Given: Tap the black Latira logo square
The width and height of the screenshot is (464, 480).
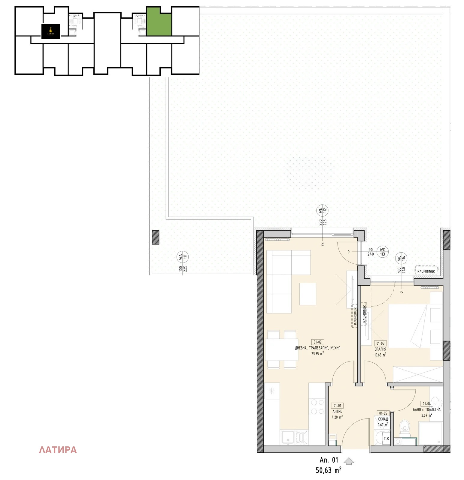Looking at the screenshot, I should [51, 31].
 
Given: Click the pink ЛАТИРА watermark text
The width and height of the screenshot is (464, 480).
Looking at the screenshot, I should [58, 450].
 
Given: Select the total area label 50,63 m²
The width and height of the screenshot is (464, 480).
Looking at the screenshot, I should [328, 470].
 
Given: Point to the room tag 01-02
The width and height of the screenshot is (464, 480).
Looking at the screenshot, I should [317, 342].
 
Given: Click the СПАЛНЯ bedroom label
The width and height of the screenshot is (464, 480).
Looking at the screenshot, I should [380, 349].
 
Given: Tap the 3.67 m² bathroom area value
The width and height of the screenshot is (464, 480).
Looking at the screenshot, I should [426, 415].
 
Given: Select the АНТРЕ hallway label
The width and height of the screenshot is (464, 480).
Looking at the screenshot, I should [337, 412].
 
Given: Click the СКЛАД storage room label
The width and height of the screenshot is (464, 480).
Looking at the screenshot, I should [383, 419].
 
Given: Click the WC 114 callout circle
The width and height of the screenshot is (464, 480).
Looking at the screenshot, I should [402, 258].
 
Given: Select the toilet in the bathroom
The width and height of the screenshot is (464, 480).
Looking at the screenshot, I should [405, 427].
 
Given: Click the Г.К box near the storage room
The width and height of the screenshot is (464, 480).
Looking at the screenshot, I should [386, 439].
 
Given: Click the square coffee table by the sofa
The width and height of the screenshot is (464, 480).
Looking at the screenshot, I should [308, 294].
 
